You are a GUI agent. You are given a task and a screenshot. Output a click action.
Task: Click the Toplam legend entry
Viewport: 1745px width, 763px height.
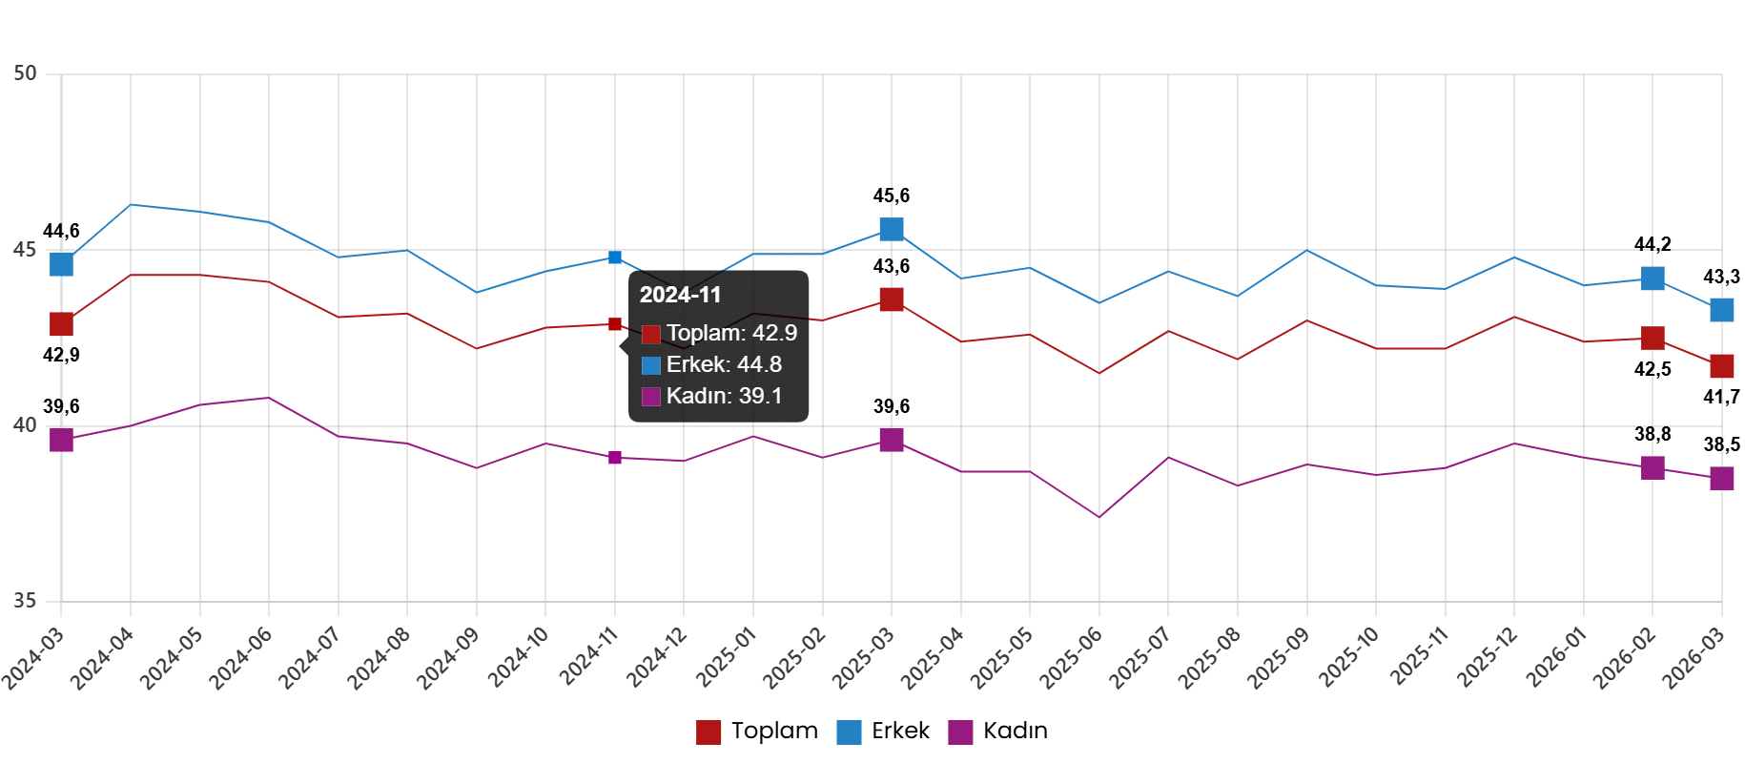pos(758,732)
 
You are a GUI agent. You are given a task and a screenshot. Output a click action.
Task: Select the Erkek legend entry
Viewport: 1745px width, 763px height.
pos(884,732)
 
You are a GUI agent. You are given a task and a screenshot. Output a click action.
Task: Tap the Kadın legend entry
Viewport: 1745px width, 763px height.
pos(998,732)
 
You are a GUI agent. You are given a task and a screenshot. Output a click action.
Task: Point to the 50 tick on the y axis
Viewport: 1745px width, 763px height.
pos(25,73)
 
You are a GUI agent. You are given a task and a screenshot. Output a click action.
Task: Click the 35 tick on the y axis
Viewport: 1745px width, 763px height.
pos(25,601)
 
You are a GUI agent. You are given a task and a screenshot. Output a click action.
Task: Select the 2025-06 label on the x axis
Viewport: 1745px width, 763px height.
pos(1072,657)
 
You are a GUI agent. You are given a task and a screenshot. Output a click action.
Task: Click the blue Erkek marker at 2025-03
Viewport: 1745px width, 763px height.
pos(892,229)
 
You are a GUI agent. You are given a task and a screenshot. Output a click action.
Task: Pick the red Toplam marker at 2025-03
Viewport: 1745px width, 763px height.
pos(892,299)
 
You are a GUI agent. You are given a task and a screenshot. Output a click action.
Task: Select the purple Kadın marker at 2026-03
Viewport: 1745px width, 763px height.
pos(1722,479)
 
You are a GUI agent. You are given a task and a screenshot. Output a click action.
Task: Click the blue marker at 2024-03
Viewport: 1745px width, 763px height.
pos(61,263)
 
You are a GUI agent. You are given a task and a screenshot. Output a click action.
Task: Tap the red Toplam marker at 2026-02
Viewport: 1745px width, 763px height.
pos(1653,338)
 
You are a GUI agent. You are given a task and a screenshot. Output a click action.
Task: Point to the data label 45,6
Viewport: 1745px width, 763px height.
pos(892,196)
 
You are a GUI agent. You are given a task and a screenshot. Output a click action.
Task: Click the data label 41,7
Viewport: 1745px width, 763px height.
pos(1721,397)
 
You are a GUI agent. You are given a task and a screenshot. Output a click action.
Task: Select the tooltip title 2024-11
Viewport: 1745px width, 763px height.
pos(681,295)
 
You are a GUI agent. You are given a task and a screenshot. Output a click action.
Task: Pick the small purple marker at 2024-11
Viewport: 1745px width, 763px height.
pos(615,458)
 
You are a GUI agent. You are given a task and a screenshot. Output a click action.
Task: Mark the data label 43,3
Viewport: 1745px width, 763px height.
pos(1721,278)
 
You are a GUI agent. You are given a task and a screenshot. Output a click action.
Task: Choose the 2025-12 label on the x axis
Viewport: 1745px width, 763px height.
pos(1488,657)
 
